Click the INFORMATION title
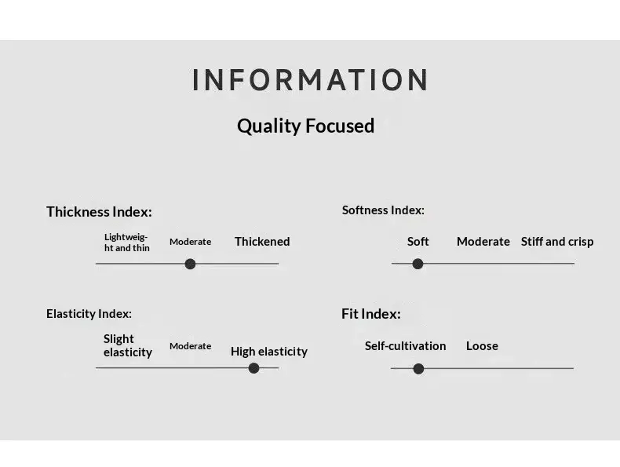coord(310,79)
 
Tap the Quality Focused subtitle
coord(305,126)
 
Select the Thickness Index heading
coord(99,212)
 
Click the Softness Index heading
coord(383,210)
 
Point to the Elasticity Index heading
coord(89,314)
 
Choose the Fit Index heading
coord(371,314)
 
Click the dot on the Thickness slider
coord(190,264)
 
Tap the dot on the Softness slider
coord(418,264)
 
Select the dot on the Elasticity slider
coord(253,368)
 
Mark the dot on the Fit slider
coord(418,369)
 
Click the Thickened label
coord(262,241)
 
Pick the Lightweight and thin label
coord(127,243)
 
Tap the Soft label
coord(418,241)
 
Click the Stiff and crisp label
coord(557,242)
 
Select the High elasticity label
coord(269,352)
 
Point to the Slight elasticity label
coord(128,345)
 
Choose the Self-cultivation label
coord(405,345)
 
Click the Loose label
coord(482,345)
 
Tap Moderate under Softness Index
coord(483,241)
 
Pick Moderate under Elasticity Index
coord(190,346)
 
